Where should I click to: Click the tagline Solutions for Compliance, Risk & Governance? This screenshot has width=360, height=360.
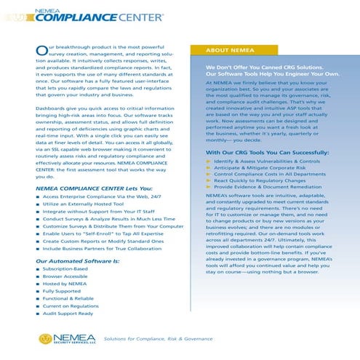coord(153,339)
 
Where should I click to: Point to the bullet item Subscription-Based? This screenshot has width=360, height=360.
coord(65,269)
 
